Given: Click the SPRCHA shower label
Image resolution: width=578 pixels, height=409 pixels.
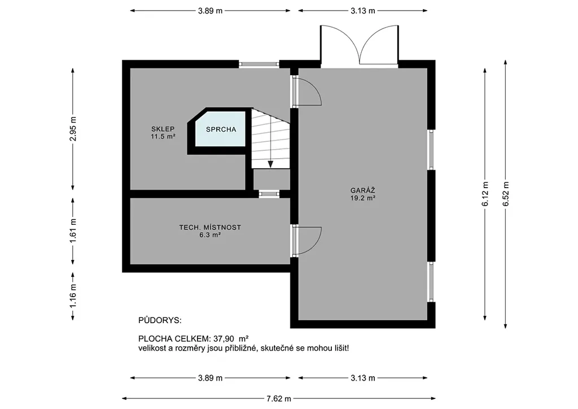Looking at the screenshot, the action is point(221,129).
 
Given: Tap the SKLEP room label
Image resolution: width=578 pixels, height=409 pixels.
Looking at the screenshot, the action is point(163,129).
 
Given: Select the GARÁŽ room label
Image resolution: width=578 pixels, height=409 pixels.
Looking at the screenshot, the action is point(363,191).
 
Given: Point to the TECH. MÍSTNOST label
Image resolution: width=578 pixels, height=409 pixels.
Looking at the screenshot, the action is point(210,228).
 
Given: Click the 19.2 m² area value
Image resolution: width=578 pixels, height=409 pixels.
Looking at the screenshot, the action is point(363,198).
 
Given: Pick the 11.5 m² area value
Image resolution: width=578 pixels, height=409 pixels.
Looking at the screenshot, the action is point(163,137).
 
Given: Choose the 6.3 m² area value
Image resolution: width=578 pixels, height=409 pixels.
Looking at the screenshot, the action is point(210,235).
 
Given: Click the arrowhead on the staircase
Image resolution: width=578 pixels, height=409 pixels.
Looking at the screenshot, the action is point(270,164).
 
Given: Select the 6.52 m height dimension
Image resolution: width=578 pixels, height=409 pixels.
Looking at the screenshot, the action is point(506,194).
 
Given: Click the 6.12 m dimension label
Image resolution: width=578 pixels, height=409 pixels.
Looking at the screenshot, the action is point(485,194).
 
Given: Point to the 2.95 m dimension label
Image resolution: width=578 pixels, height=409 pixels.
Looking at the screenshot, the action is point(73,129).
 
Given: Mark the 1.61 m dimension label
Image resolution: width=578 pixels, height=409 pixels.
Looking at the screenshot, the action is point(73,231).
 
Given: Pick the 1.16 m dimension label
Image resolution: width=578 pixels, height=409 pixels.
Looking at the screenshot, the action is point(73,296).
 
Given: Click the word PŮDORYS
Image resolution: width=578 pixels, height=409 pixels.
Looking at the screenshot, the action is point(160,320).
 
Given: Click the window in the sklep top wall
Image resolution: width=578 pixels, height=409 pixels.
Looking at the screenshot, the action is point(259,64).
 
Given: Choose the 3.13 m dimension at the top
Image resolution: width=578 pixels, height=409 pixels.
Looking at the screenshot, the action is point(363,11).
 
